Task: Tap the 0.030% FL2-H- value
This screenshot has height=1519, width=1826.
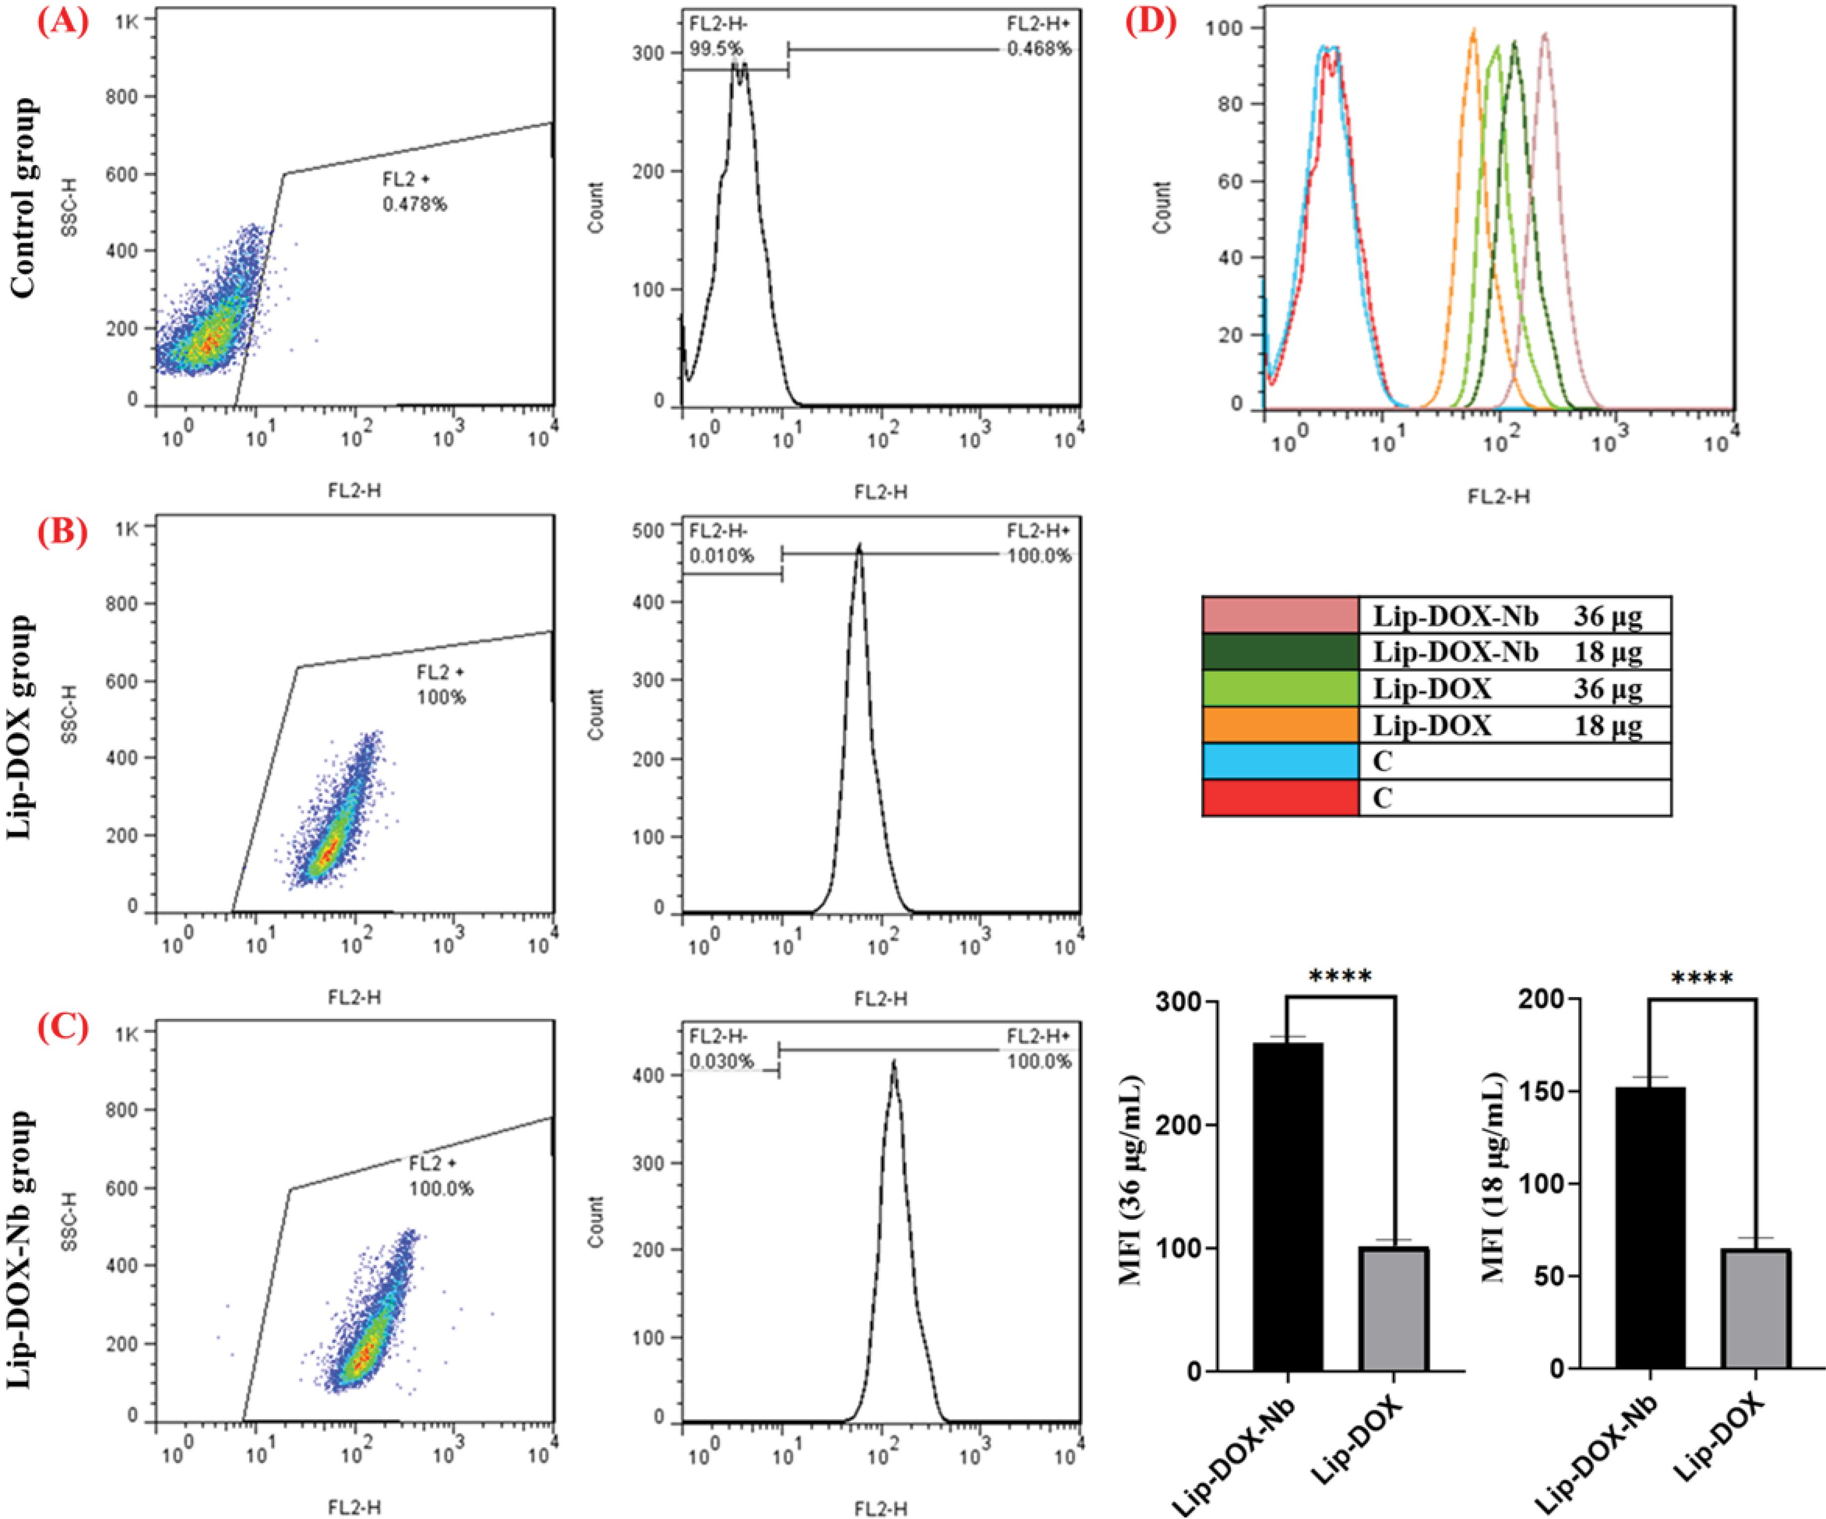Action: (722, 1062)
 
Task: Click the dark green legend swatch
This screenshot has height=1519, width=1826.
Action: (1280, 651)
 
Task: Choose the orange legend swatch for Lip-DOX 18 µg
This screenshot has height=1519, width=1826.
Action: (1280, 724)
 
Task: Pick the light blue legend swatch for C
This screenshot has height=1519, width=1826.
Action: (1280, 761)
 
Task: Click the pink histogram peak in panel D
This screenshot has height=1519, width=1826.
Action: (1545, 35)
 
